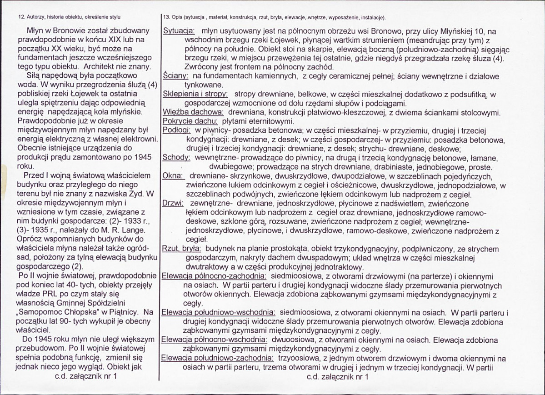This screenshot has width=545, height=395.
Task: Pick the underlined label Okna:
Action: (172, 176)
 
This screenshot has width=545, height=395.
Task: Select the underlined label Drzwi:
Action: (173, 203)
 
